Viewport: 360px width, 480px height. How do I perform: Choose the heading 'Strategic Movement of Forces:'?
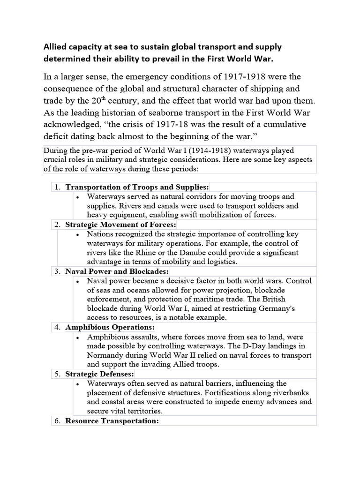[x=120, y=225]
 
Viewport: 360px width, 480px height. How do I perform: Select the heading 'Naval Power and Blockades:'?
[x=117, y=271]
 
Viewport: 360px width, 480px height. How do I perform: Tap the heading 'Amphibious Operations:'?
[x=109, y=327]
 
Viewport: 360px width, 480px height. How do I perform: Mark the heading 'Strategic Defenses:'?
[x=99, y=374]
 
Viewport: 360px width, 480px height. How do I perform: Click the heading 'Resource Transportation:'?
[x=112, y=420]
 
